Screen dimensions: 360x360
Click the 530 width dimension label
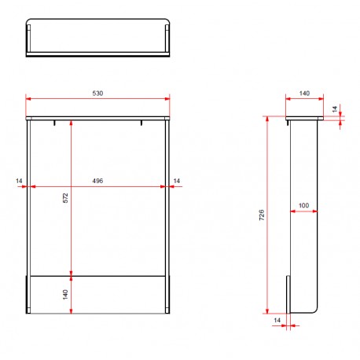point(97,94)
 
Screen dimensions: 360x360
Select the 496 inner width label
point(97,181)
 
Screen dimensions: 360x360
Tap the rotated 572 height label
point(65,198)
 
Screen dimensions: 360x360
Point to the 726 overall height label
point(262,215)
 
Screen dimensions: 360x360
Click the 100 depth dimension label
point(304,205)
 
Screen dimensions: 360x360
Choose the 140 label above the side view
point(304,94)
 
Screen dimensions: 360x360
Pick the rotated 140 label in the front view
point(65,295)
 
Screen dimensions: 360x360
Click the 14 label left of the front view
point(19,181)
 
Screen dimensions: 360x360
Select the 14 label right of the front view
point(177,181)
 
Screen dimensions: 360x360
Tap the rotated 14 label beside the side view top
point(335,109)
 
